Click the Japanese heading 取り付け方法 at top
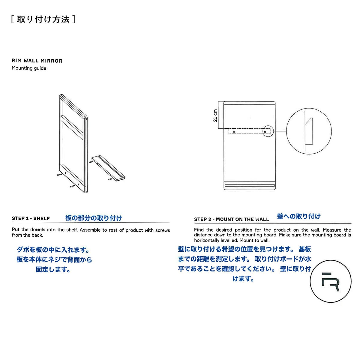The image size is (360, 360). click(x=43, y=19)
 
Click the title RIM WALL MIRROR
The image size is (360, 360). click(x=37, y=61)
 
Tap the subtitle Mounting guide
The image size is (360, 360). click(x=29, y=68)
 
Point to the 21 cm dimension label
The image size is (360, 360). click(x=215, y=115)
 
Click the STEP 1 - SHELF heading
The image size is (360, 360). click(x=31, y=218)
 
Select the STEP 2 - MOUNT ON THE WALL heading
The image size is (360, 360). click(x=231, y=219)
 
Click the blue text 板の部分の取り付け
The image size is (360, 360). click(x=94, y=218)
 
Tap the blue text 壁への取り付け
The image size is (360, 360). click(x=298, y=216)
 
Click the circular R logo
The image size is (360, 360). click(x=330, y=281)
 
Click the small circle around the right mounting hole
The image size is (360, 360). click(x=268, y=131)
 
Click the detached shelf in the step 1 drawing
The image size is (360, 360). click(x=108, y=168)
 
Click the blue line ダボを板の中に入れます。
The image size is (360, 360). click(x=53, y=250)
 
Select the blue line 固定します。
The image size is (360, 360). click(x=53, y=269)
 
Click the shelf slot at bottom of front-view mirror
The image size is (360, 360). click(x=249, y=186)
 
